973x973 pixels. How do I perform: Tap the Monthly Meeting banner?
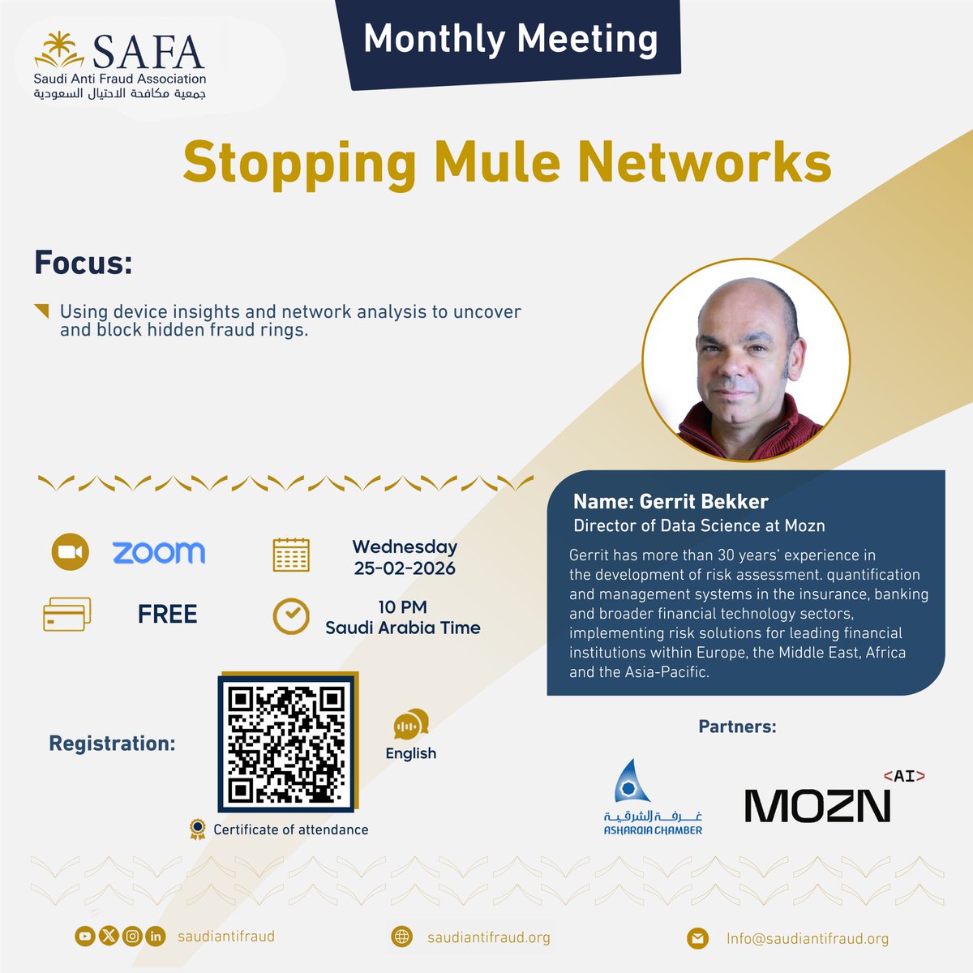510,39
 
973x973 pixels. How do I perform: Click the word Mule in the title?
495,161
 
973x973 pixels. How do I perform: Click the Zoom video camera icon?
71,552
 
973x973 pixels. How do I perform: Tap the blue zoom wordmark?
159,553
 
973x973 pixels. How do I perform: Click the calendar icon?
291,555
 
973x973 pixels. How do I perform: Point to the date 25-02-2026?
405,568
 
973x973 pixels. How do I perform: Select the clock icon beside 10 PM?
291,617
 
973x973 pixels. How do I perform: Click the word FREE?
167,615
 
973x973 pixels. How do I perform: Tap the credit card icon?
66,615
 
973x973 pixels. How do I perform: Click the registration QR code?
287,742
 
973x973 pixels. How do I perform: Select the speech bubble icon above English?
411,723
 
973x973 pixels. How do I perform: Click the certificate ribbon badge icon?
197,829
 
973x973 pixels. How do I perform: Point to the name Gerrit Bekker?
671,501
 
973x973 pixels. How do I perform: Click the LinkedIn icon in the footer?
156,937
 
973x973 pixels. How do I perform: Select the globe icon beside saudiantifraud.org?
401,937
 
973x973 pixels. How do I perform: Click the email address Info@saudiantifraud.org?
808,938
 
